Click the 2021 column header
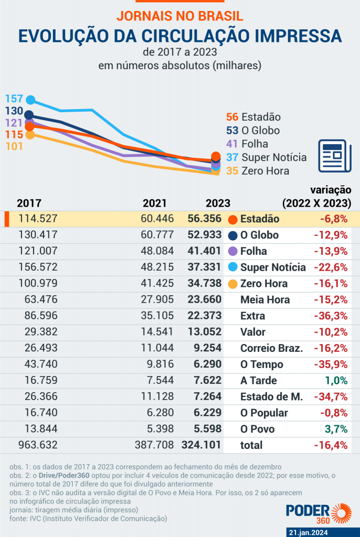[x=155, y=203]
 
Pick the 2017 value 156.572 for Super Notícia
[x=38, y=267]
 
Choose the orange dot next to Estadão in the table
[x=233, y=219]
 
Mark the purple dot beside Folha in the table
[x=233, y=251]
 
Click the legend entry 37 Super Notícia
[x=266, y=157]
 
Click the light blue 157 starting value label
[x=14, y=99]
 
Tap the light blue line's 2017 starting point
[x=30, y=100]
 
